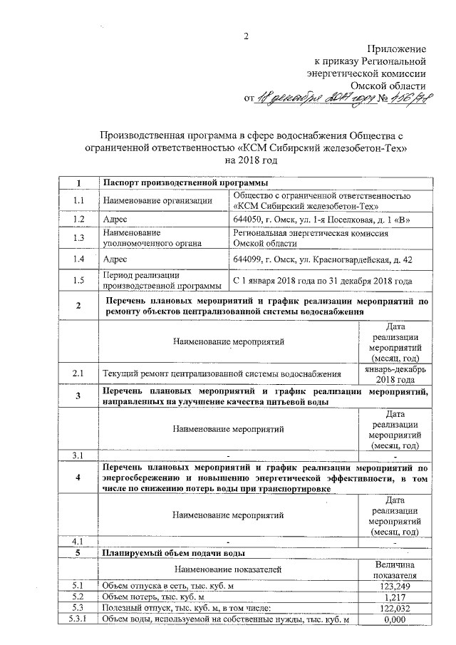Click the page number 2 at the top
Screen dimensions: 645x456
[x=246, y=36]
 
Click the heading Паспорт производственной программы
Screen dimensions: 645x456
[x=173, y=183]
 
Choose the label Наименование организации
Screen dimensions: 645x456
[x=157, y=200]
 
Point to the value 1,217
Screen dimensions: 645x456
[x=395, y=597]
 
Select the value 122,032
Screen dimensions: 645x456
[x=395, y=608]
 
